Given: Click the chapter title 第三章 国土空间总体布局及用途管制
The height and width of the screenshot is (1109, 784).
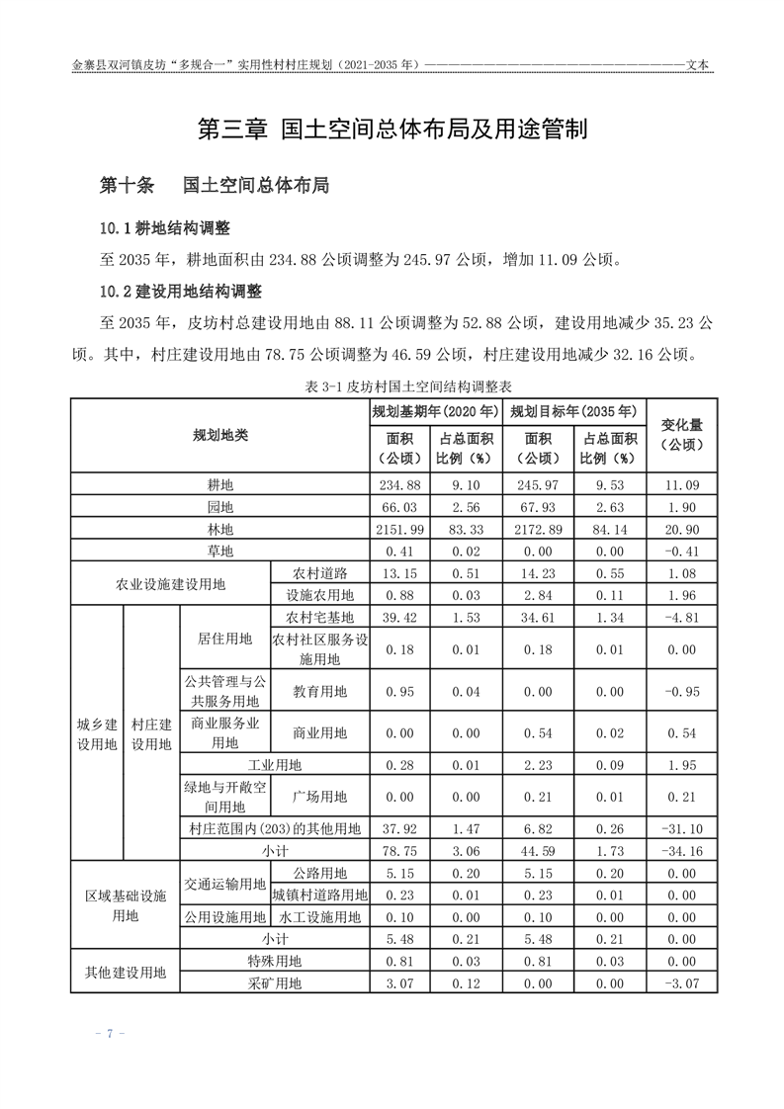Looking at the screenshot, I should coord(392,129).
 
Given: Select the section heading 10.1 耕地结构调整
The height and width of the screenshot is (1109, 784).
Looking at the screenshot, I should coord(165,228).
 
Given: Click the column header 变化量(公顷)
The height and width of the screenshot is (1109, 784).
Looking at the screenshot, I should coord(681,435).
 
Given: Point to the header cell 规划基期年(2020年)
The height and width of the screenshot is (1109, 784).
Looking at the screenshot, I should coord(435,411).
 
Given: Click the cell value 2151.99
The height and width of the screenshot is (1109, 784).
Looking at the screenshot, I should coord(399,529).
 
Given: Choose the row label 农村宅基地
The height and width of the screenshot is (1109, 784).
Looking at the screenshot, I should coord(319,617).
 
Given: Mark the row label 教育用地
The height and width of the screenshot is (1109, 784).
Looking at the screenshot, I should coord(319,690).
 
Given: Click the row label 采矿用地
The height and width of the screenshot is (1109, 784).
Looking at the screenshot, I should coord(275,982).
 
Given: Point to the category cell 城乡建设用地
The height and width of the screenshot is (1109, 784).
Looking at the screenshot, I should coord(97,733).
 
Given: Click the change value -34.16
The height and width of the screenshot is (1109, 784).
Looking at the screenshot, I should coord(681,849).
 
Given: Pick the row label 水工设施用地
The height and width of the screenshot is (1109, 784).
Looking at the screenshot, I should coord(319,916).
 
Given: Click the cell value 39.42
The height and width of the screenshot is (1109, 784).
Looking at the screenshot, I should coord(399,617).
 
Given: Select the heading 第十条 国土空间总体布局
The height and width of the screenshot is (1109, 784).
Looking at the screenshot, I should coord(215,185).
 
